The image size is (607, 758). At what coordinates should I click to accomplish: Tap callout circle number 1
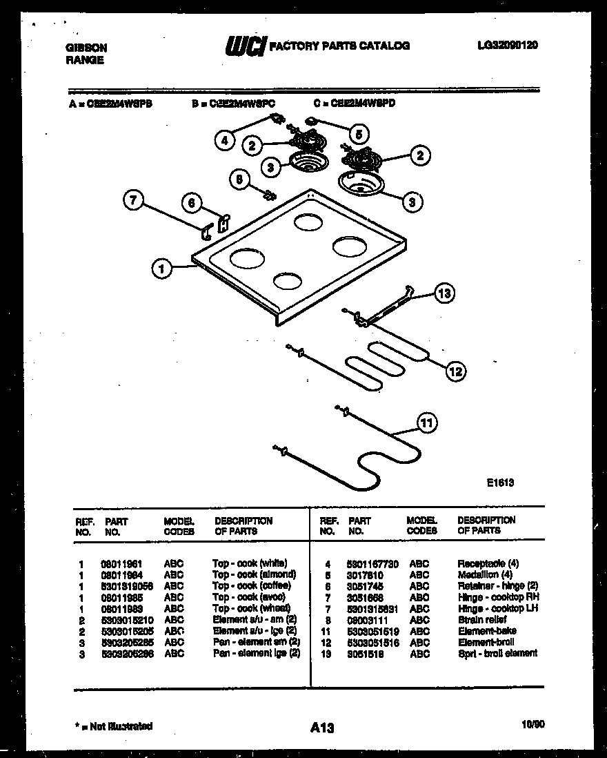coord(161,269)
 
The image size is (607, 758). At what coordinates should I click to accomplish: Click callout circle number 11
coord(428,422)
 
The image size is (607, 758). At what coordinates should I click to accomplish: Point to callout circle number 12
coord(455,372)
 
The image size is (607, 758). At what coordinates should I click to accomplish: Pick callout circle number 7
coord(135,202)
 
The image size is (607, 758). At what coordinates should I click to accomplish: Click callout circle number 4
coord(224,141)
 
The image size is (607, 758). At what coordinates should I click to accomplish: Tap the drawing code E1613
coord(499,483)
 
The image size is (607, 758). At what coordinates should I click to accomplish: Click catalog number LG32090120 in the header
coord(507,46)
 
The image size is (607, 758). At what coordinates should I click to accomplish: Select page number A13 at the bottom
coord(321,727)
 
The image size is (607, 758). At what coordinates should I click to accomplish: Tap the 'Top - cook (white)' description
coord(250,563)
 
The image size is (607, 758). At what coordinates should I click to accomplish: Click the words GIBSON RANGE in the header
coord(86,54)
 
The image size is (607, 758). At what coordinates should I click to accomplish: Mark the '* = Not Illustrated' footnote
coord(113,726)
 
